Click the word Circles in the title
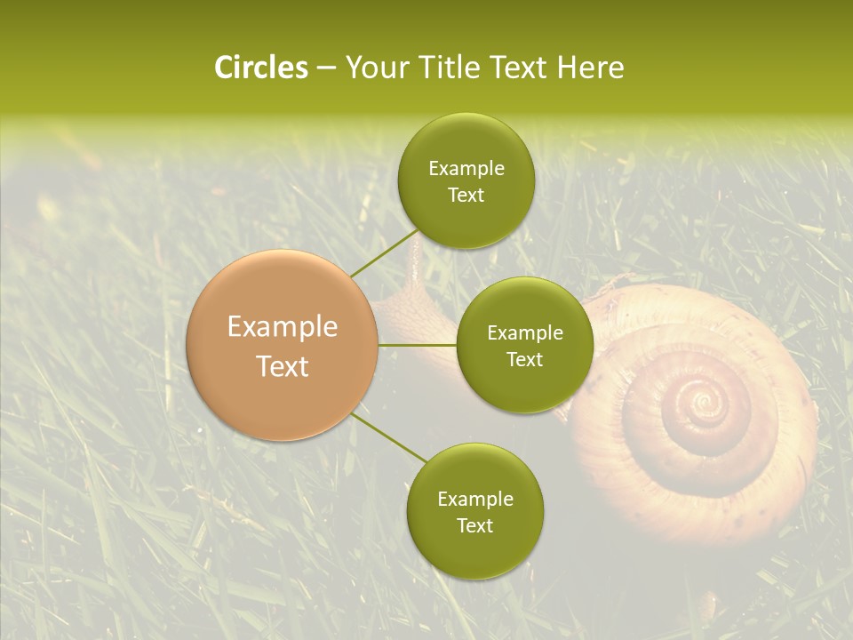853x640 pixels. [261, 68]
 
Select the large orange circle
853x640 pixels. [283, 346]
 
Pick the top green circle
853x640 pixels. [466, 180]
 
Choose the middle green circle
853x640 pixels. [525, 345]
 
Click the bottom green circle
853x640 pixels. [475, 511]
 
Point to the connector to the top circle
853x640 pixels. [384, 252]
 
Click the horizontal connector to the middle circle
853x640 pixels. [418, 345]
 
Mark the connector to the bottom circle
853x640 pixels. [389, 438]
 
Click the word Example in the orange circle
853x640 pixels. [283, 327]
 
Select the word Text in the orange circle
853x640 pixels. [283, 366]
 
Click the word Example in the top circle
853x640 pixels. [466, 169]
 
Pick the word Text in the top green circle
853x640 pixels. [466, 195]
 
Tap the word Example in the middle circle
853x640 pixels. [525, 333]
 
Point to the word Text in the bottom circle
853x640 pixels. [475, 525]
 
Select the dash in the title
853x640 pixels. [326, 68]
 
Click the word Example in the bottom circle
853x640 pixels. [475, 500]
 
